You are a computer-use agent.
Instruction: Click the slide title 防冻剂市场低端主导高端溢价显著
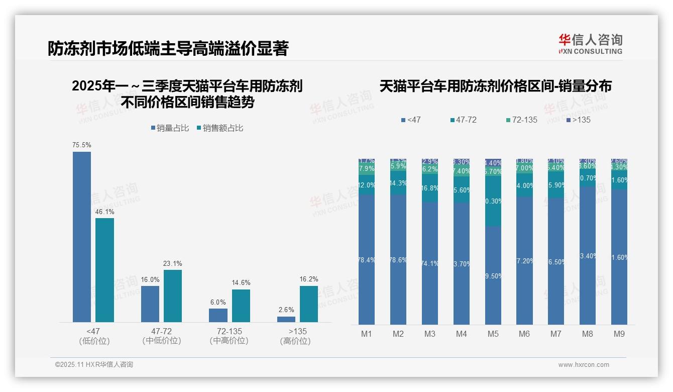168,48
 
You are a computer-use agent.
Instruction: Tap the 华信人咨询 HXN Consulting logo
590,44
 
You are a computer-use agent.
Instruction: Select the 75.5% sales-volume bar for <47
82,237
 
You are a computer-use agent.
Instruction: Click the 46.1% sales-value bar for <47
105,270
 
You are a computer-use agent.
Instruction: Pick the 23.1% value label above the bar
173,263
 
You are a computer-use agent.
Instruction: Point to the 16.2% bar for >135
309,304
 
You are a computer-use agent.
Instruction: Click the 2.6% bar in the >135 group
286,319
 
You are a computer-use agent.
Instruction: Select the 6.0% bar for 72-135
218,315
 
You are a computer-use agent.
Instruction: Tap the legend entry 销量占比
170,128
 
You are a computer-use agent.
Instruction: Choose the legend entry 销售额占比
219,128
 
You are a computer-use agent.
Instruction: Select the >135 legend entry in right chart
578,120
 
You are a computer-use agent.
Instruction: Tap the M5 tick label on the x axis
493,334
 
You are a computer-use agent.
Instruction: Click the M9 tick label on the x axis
619,334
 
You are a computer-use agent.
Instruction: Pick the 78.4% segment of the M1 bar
367,259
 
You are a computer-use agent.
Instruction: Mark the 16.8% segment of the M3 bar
430,188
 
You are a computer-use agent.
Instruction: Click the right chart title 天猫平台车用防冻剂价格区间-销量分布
495,86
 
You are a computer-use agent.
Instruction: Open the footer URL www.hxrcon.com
583,365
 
